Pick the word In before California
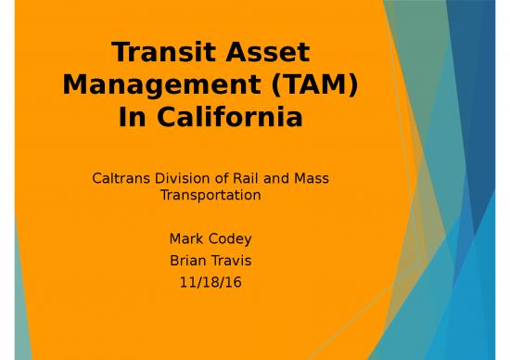pos(134,118)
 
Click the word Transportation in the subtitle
pos(210,196)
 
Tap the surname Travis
pos(230,260)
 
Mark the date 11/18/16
pos(210,281)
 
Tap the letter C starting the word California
pos(167,118)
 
